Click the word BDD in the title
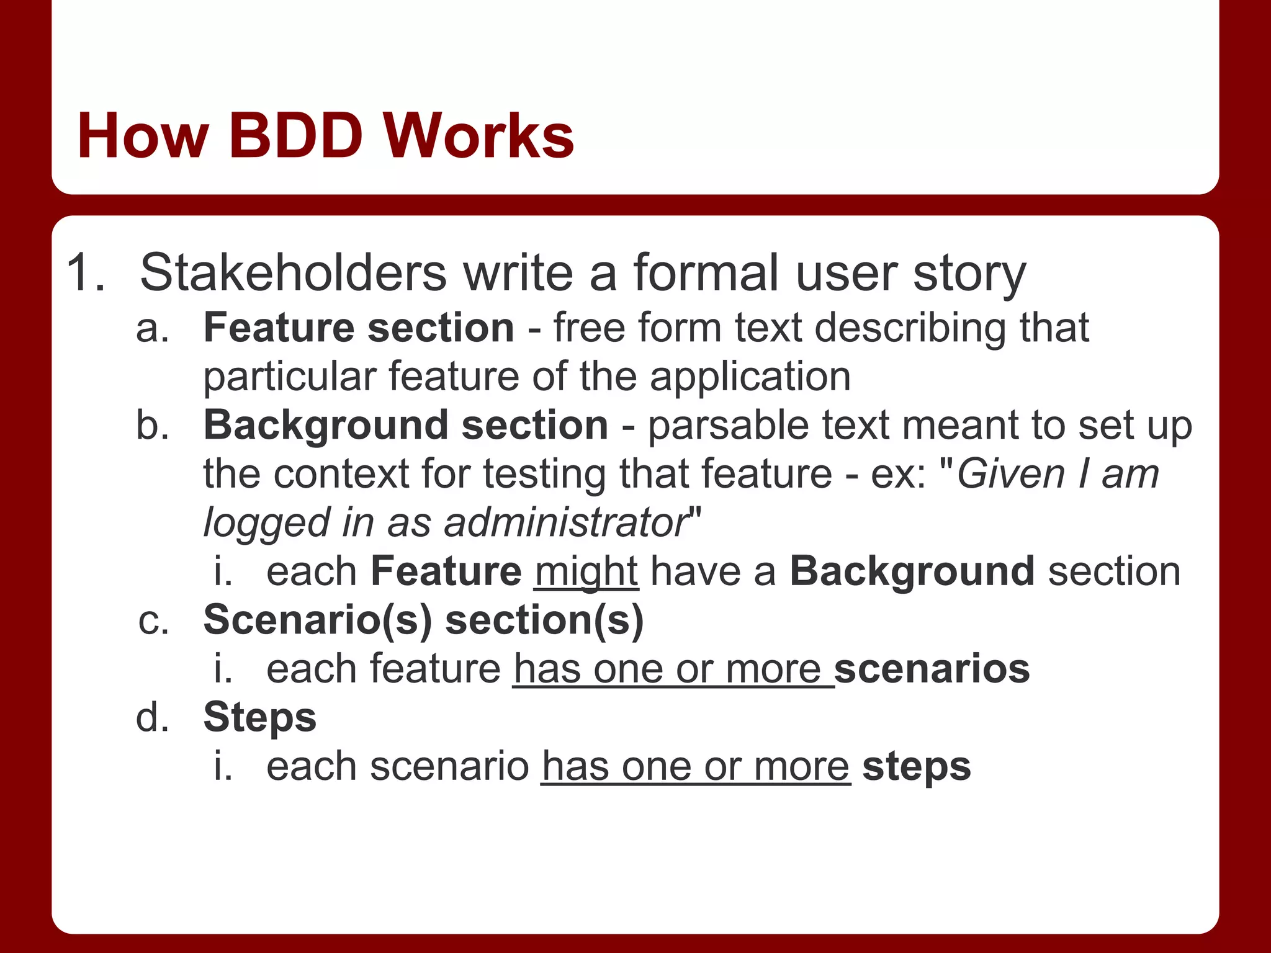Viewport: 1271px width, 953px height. coord(296,136)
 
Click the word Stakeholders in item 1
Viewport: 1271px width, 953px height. coord(293,273)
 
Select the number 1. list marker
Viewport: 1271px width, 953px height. coord(86,273)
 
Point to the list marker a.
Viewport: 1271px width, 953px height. coord(152,328)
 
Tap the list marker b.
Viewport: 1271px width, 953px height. coord(152,426)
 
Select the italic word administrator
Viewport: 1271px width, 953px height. coord(565,523)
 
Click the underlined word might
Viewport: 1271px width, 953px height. coord(586,572)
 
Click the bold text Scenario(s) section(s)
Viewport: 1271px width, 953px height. coord(423,620)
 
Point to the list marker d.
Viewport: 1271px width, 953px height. coord(152,718)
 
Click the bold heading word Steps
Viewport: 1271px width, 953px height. coord(259,718)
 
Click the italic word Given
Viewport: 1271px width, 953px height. coord(1010,475)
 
